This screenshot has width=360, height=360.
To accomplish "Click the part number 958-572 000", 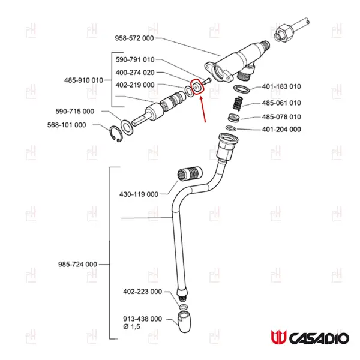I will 134,38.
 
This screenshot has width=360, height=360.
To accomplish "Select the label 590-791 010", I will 135,59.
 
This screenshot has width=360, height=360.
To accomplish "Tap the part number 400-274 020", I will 135,72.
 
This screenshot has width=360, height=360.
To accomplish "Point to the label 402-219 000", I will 135,85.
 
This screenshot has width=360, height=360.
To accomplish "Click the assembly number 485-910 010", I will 83,79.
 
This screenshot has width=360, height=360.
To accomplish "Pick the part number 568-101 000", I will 67,125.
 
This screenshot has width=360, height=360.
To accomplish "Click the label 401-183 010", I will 281,87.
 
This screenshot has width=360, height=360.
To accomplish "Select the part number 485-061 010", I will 281,103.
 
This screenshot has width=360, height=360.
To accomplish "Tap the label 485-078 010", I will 281,116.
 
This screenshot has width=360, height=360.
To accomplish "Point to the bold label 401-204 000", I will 281,130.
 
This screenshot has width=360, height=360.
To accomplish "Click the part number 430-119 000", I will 139,194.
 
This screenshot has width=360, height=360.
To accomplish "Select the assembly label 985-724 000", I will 77,264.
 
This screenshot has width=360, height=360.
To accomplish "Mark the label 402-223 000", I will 142,292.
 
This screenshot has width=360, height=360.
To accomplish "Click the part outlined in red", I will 197,88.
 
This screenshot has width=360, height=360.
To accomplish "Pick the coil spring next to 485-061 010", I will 236,103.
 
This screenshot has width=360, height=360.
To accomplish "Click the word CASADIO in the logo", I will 319,338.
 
